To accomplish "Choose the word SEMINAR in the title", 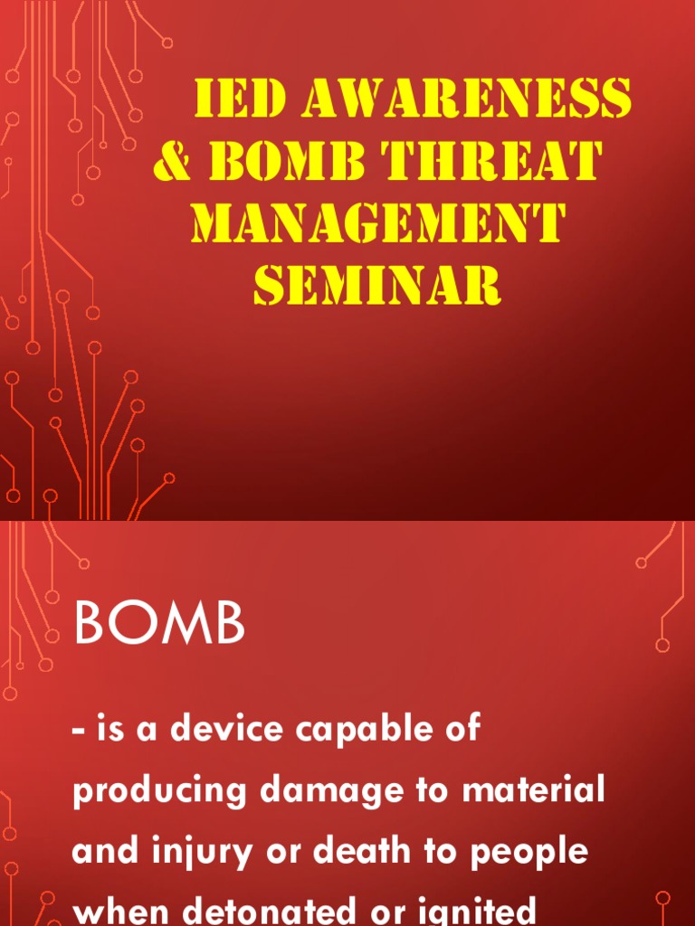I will coord(377,287).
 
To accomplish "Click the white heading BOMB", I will coord(159,625).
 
